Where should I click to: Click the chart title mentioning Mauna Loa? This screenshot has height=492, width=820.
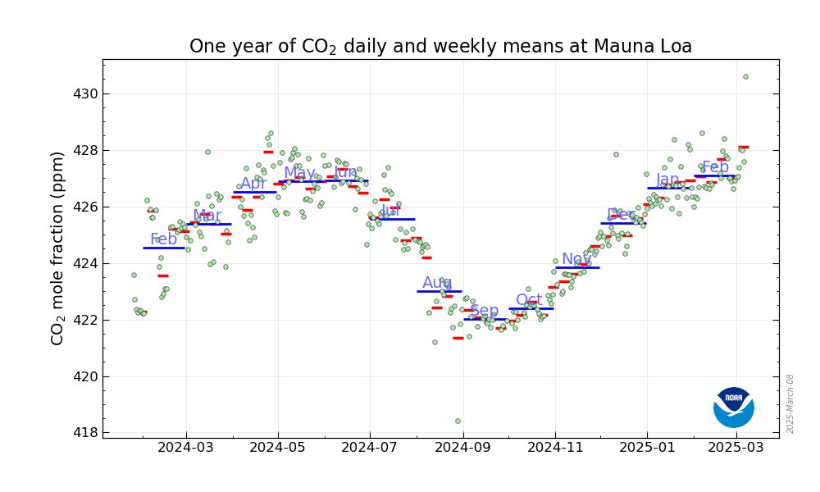point(440,47)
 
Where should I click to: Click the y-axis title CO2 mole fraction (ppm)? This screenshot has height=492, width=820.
point(57,248)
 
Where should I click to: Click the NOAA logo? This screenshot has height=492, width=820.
point(733,408)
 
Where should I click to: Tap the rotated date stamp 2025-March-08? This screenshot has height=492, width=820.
point(790,403)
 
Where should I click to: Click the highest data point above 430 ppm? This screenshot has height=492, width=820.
point(745,76)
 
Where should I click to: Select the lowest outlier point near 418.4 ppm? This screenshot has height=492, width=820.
point(458,421)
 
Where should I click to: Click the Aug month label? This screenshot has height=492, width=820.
point(437,283)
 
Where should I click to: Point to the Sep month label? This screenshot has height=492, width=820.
point(484,311)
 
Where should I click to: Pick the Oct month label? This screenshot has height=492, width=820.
point(529,300)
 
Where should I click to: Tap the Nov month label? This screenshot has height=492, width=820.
point(576,259)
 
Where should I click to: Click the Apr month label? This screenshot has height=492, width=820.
point(253,184)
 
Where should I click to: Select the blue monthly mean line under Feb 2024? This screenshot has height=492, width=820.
point(164,248)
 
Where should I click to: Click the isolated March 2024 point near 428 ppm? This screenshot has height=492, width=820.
point(207,152)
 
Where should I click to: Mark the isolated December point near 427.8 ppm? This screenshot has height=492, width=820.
point(616,154)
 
